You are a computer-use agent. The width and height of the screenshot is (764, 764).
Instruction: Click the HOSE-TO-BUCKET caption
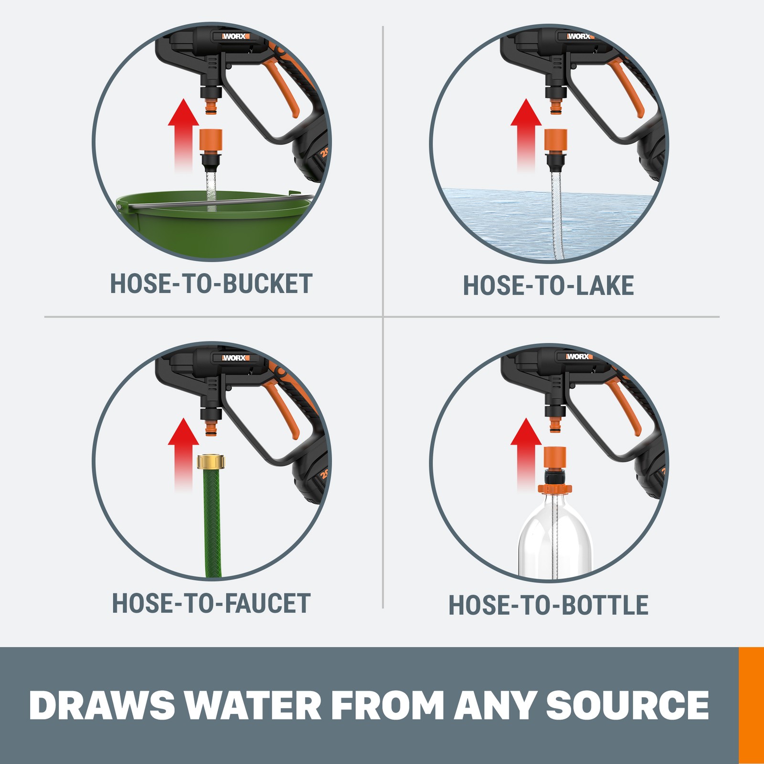[211, 284]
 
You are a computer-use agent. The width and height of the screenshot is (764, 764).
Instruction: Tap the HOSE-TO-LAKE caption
[549, 286]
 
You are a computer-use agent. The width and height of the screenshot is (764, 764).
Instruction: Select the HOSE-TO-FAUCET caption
[211, 604]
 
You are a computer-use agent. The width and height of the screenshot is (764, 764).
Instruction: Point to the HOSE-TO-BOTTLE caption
[549, 605]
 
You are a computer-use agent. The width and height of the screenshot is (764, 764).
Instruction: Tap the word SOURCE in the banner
[627, 705]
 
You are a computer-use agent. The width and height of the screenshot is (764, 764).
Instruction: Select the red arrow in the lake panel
[526, 135]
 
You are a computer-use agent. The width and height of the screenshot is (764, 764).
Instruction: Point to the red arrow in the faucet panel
[183, 454]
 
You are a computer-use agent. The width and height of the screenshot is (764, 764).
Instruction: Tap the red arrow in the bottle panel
[526, 454]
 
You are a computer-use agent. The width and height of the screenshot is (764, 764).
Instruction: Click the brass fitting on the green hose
[211, 461]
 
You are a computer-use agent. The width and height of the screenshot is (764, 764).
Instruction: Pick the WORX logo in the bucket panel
[235, 36]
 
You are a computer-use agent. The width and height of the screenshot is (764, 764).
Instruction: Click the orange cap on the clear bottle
[554, 488]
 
